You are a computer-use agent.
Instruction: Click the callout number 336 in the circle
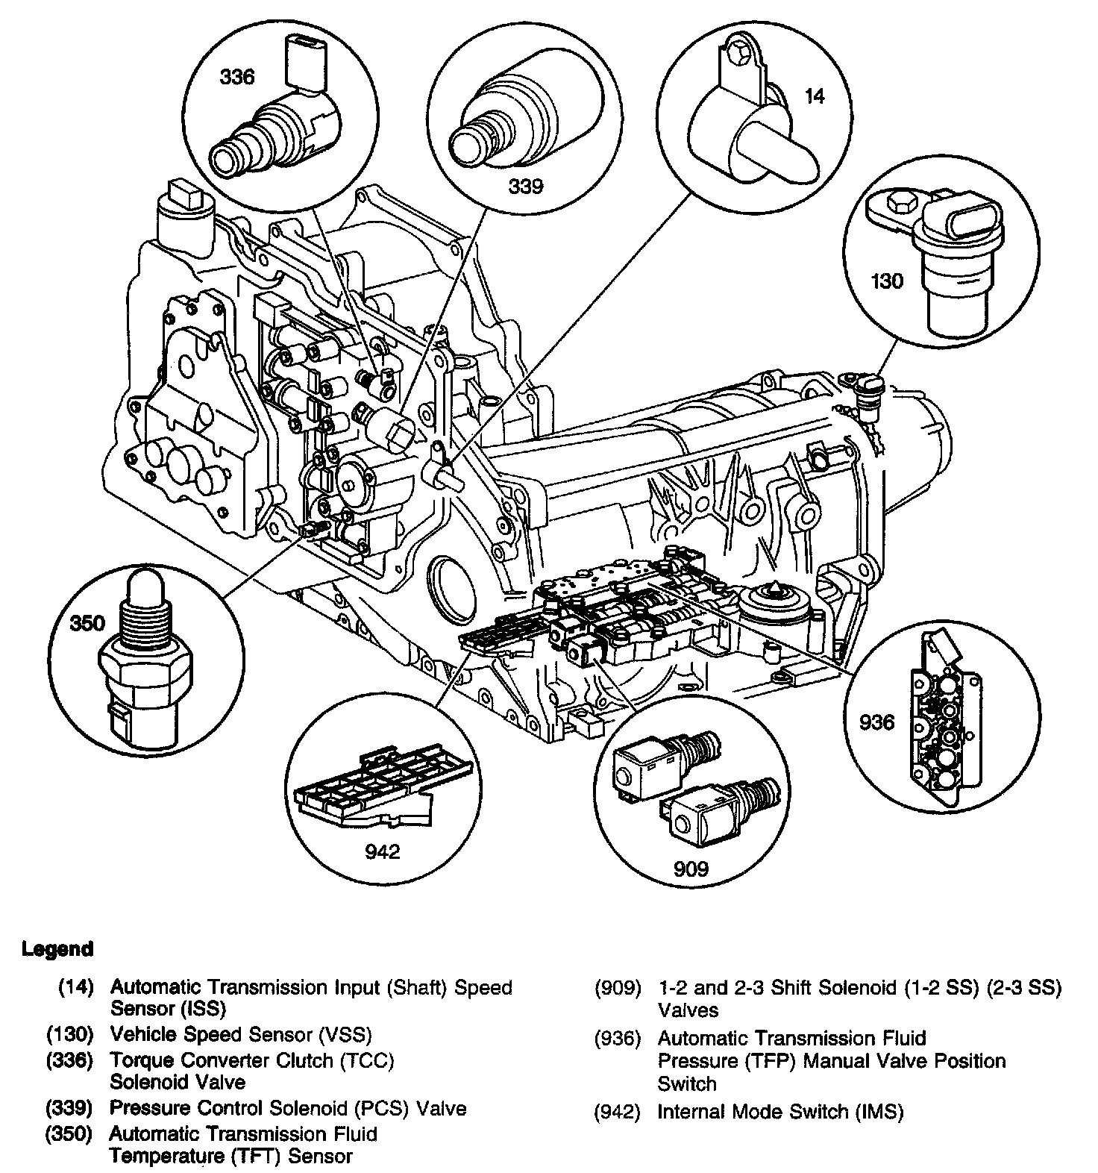point(236,77)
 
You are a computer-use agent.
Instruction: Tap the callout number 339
point(526,187)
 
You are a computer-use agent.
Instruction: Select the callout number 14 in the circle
point(815,96)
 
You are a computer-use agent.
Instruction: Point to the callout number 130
point(886,281)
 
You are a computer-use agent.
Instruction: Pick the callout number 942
point(383,851)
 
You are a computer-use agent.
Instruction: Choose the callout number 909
point(691,868)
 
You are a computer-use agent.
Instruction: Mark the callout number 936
point(876,722)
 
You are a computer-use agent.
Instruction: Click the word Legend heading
point(58,949)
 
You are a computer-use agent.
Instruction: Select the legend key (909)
point(618,988)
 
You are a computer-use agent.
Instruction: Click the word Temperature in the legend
point(157,1156)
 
